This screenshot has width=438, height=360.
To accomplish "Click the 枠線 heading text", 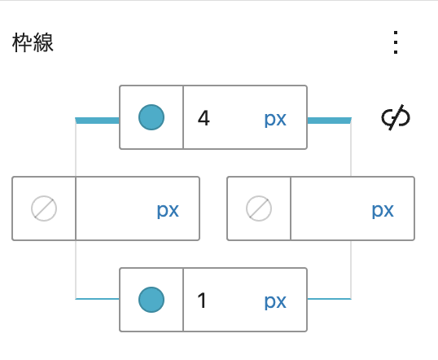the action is tap(33, 42).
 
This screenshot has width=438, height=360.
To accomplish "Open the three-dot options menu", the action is tap(396, 42).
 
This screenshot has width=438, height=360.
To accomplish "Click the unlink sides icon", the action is tap(396, 117).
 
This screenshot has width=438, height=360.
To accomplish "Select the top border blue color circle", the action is tap(151, 117).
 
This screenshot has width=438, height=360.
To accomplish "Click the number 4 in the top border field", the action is tap(204, 118).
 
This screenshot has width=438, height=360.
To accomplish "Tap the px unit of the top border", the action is tap(275, 120).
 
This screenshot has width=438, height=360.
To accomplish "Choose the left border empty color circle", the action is tap(44, 209).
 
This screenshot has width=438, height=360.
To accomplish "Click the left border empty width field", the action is tap(115, 209).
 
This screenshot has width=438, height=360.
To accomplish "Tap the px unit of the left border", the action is tap(168, 210).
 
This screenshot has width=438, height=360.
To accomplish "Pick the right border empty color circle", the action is tap(259, 209).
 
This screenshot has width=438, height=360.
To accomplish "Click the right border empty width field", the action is tap(330, 209).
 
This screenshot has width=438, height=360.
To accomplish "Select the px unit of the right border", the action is tap(383, 210).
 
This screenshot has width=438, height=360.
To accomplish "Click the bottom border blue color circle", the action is tap(151, 300).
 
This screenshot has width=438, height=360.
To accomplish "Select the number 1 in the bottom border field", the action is tap(202, 301).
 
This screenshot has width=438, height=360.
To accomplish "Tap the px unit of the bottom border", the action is tap(275, 302).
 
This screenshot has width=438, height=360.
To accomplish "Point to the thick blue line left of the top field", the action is tap(97, 121).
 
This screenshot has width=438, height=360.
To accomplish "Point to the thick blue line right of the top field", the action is tap(330, 121).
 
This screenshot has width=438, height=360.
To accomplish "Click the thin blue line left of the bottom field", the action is tap(97, 299).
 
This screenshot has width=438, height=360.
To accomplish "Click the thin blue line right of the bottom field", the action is tap(330, 299).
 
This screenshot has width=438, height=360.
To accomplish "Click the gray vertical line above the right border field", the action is tap(351, 150).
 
